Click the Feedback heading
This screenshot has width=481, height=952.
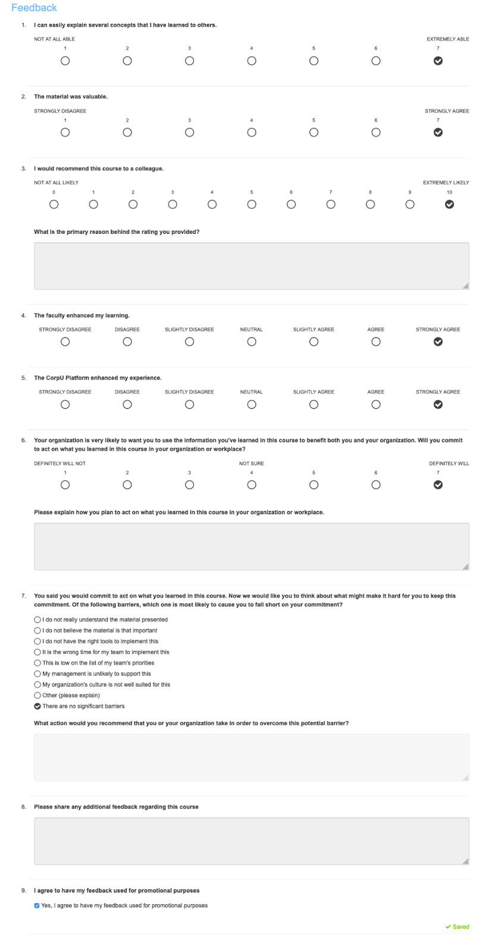pos(34,8)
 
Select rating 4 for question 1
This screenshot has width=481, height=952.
pos(252,61)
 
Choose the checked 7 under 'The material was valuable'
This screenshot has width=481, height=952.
pos(438,132)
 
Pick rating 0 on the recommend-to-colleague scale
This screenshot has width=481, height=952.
pos(54,204)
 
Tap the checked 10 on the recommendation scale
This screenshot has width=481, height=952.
pos(449,204)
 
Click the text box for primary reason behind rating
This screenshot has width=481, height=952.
pos(251,266)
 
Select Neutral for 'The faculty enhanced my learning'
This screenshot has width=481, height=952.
pos(252,342)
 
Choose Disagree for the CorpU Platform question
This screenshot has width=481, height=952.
pos(127,405)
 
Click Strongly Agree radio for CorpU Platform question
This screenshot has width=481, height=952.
pos(438,405)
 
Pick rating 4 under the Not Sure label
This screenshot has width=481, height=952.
pos(252,485)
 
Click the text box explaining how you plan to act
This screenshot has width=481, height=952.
pos(251,546)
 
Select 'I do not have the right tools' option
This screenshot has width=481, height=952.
pos(38,641)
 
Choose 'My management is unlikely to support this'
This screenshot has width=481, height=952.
pos(38,674)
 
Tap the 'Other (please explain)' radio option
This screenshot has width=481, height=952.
pos(38,696)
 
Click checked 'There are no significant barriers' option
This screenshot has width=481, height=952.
pos(38,706)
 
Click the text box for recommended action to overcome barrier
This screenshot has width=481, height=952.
pos(251,757)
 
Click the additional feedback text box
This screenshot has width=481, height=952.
pos(251,841)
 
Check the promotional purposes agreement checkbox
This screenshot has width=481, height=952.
pos(37,906)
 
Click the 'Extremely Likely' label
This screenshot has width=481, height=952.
pos(446,183)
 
